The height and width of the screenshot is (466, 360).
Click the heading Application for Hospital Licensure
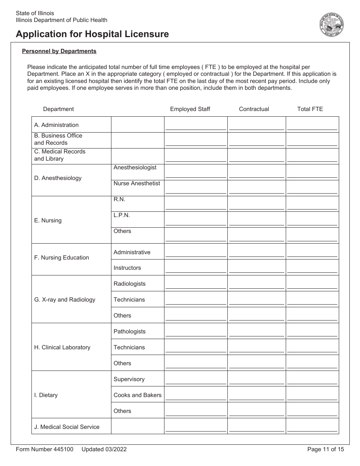92,34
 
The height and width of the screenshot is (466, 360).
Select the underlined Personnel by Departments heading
59,51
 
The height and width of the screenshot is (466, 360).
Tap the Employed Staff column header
190,109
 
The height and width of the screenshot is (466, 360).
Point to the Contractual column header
254,109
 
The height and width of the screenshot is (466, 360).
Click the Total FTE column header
310,109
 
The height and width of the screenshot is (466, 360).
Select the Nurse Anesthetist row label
137,183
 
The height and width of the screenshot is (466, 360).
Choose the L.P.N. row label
122,215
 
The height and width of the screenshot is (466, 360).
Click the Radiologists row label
129,284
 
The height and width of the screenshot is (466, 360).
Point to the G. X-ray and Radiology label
64,300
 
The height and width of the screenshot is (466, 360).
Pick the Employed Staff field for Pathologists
196,332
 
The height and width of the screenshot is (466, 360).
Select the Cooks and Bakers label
137,395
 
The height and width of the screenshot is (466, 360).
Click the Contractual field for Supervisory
257,380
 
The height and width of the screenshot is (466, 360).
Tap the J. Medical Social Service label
67,427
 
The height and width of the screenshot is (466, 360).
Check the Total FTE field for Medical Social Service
312,428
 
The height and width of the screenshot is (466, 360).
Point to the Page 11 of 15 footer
326,449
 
